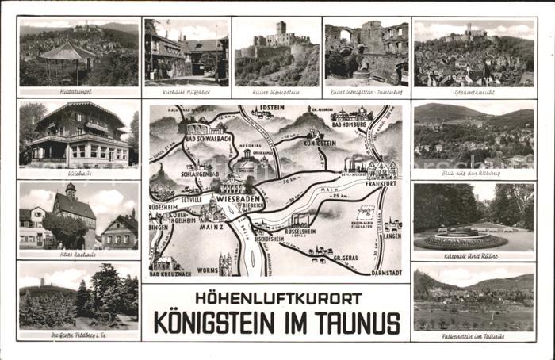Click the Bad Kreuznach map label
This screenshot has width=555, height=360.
click(169, 273)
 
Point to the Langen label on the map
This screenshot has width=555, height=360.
click(392, 235)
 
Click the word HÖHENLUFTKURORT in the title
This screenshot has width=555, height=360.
click(276, 299)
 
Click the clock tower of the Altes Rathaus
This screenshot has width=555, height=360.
click(70, 191)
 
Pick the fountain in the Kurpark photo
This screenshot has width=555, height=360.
click(461, 234)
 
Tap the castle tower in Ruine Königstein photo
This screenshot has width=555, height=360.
click(281, 29)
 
